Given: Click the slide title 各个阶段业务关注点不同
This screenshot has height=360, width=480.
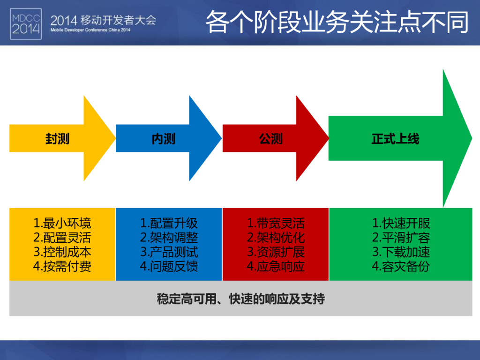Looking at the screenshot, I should (337, 22).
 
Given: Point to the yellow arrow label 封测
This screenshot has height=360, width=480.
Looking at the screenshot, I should (57, 139).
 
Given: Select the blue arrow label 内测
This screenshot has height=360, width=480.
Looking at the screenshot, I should (164, 139).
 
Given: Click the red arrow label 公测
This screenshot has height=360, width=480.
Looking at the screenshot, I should (270, 139).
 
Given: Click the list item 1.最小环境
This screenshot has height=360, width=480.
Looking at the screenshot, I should (62, 223).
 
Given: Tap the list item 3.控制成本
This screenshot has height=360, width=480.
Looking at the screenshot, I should (62, 252).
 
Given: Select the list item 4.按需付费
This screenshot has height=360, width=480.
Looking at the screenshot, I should (62, 266).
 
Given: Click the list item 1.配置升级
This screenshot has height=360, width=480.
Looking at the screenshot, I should (169, 223).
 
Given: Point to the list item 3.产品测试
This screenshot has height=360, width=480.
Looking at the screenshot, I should (169, 252).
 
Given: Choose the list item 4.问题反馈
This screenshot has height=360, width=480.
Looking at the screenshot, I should (169, 266).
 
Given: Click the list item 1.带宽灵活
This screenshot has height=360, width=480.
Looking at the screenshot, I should (276, 223).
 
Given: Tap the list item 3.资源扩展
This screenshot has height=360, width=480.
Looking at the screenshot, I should (276, 252).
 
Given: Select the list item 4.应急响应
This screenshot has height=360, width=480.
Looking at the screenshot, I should (276, 266).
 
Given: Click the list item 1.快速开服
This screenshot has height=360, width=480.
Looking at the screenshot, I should (401, 223).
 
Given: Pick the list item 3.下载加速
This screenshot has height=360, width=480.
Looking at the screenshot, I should (401, 252).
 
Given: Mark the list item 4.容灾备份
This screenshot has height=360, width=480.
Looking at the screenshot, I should (401, 266).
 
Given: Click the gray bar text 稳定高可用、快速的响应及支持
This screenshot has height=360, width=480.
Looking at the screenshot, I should (240, 299).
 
